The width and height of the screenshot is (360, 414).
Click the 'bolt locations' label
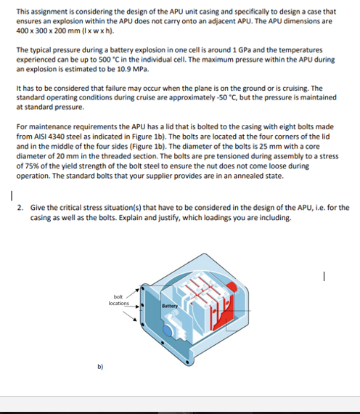[x=118, y=299]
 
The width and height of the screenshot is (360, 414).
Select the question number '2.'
[x=21, y=208]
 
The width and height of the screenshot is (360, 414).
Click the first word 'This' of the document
[x=24, y=12]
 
